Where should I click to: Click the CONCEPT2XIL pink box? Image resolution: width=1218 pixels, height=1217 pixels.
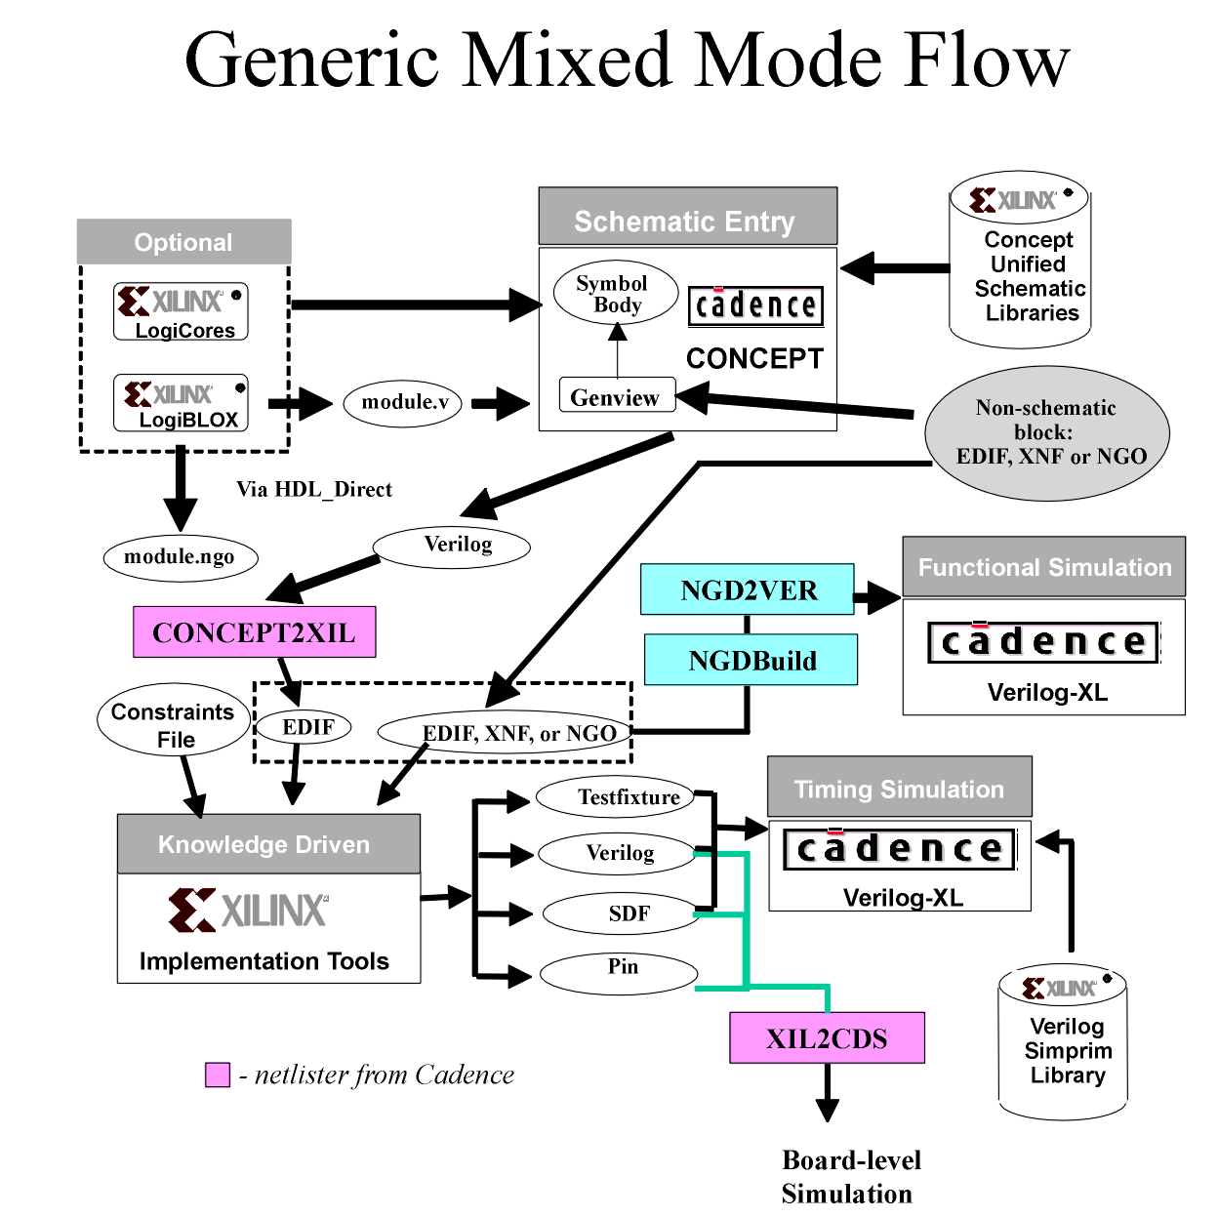254,632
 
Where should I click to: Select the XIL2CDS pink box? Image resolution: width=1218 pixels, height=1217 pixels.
827,1037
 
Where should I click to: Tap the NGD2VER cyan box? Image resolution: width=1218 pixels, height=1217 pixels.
748,589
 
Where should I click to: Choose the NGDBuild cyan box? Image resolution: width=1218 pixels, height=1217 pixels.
751,661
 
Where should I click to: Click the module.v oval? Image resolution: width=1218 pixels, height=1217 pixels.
403,402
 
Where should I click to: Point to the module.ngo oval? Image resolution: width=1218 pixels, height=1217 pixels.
181,557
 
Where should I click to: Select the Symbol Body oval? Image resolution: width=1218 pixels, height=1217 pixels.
615,293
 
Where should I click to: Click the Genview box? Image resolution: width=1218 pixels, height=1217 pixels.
616,396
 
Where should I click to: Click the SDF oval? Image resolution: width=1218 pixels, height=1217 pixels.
623,913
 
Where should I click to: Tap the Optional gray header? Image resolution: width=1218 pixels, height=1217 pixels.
183,241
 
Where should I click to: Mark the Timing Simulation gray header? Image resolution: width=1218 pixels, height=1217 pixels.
899,788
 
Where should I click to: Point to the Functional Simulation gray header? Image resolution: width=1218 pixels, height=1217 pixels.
1043,567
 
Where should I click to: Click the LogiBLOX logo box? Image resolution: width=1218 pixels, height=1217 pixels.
181,403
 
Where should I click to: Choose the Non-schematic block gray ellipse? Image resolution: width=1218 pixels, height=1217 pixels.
1047,432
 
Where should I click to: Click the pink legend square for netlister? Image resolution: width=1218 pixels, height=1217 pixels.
218,1075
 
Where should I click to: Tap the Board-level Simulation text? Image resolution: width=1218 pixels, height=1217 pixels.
849,1176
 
